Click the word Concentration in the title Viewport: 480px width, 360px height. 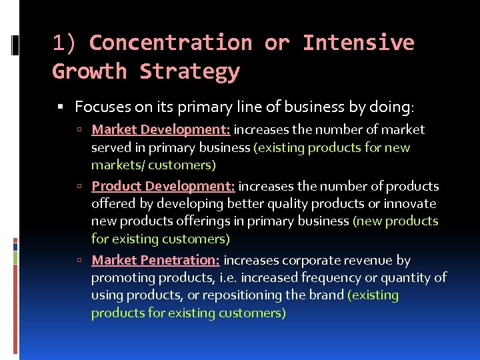pyautogui.click(x=170, y=43)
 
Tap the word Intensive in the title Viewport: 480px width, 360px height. pyautogui.click(x=358, y=43)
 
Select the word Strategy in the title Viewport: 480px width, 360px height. pyautogui.click(x=189, y=71)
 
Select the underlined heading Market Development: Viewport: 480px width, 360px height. pyautogui.click(x=161, y=129)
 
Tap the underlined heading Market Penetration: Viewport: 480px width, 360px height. pyautogui.click(x=155, y=260)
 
